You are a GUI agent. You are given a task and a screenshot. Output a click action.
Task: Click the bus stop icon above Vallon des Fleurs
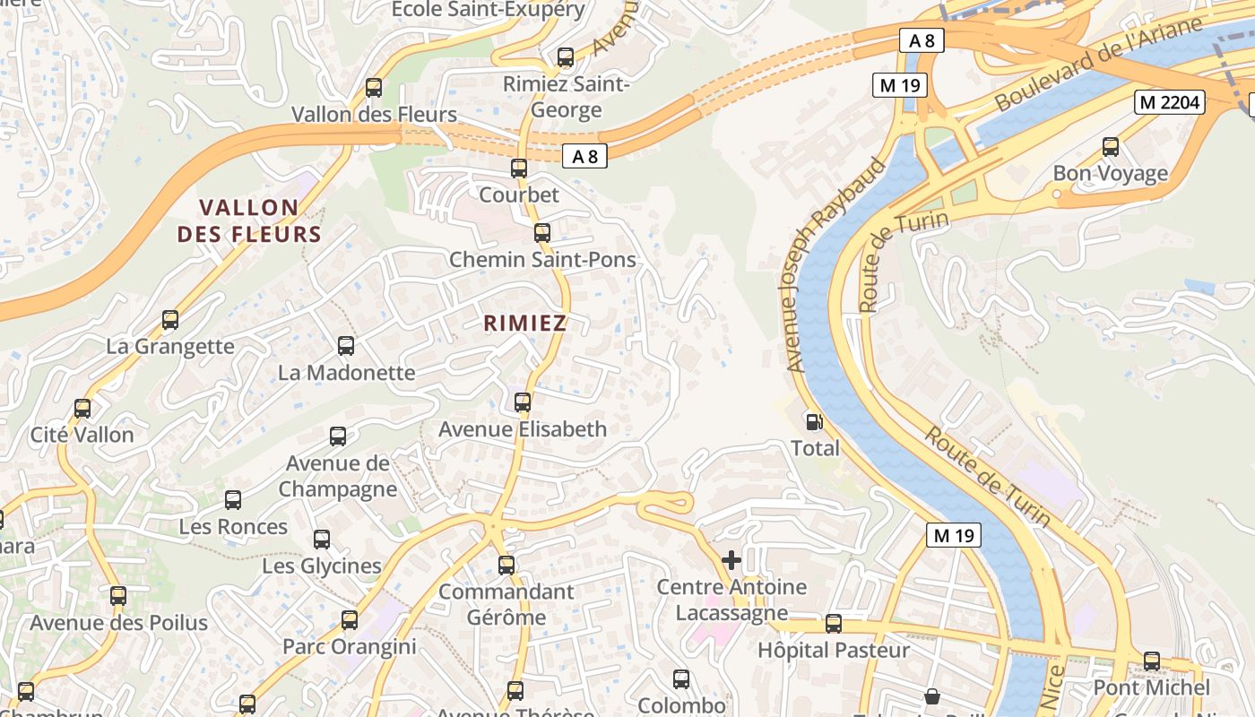click(374, 88)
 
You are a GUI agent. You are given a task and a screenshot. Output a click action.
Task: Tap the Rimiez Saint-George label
click(567, 97)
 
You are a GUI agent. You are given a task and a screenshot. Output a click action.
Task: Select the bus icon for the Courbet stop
click(518, 168)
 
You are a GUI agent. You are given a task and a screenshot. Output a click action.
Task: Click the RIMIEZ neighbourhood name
click(525, 324)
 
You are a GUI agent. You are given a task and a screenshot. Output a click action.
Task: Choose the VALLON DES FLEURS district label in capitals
click(249, 221)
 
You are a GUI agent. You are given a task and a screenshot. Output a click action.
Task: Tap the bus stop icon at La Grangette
click(170, 319)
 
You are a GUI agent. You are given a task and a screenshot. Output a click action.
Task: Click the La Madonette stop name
click(346, 372)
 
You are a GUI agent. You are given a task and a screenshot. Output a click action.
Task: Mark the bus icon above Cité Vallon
click(82, 408)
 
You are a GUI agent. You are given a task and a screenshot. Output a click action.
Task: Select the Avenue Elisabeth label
click(522, 429)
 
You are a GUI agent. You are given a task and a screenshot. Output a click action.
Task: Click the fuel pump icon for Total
click(814, 421)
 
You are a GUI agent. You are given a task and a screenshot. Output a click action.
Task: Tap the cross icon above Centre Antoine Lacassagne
click(731, 560)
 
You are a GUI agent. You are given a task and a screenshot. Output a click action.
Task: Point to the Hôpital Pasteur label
click(833, 650)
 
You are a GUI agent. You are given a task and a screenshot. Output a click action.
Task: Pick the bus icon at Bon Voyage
click(1111, 146)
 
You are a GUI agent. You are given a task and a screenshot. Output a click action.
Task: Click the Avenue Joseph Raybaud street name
click(834, 267)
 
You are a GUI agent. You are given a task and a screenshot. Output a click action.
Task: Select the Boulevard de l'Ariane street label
click(1097, 65)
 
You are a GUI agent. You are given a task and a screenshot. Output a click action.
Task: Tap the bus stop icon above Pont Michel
click(1151, 661)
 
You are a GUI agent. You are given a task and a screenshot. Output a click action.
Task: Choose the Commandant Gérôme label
click(506, 604)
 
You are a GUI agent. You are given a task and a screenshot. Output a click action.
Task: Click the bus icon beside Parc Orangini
click(350, 619)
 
